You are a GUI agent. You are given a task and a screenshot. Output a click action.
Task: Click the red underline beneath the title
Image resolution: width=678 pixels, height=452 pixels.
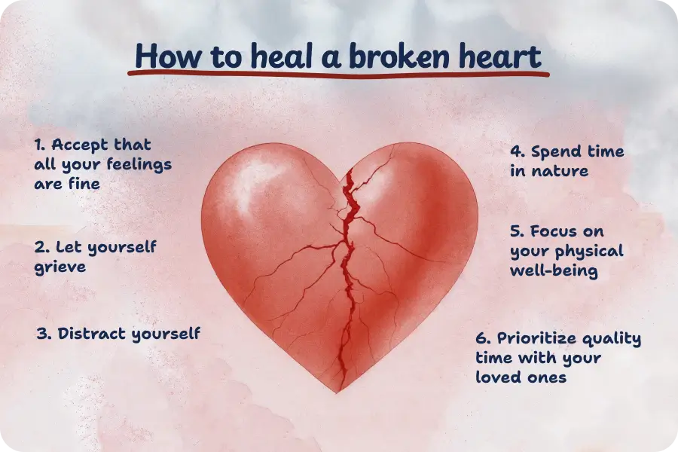339,75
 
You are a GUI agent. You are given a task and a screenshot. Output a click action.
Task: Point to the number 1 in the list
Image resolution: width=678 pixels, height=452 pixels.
39,144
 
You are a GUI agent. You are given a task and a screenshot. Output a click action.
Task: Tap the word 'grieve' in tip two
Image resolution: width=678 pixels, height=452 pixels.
60,267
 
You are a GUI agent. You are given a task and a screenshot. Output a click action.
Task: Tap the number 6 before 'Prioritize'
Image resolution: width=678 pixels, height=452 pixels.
481,337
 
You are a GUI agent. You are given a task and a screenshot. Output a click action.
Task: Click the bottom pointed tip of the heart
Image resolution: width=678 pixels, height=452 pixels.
337,391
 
